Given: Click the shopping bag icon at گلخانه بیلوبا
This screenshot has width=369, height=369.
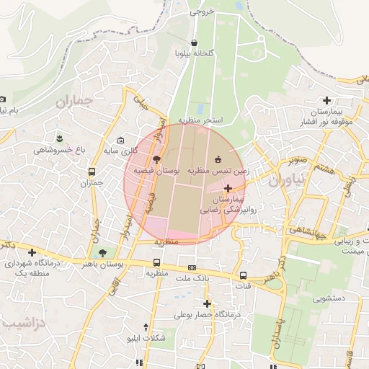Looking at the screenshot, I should pos(196,43).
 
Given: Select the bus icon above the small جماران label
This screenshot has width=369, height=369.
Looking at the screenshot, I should pos(92,172).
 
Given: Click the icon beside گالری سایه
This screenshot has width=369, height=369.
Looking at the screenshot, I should pos(120,140).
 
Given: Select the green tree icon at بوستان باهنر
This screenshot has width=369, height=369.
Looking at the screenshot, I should pos(102,253).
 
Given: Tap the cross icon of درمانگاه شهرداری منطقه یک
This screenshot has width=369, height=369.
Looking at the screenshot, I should pos(32,252).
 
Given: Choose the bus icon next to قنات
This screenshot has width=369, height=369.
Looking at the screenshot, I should pos(243,275).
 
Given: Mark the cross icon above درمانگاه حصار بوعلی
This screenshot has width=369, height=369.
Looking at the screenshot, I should pos(208,304).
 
